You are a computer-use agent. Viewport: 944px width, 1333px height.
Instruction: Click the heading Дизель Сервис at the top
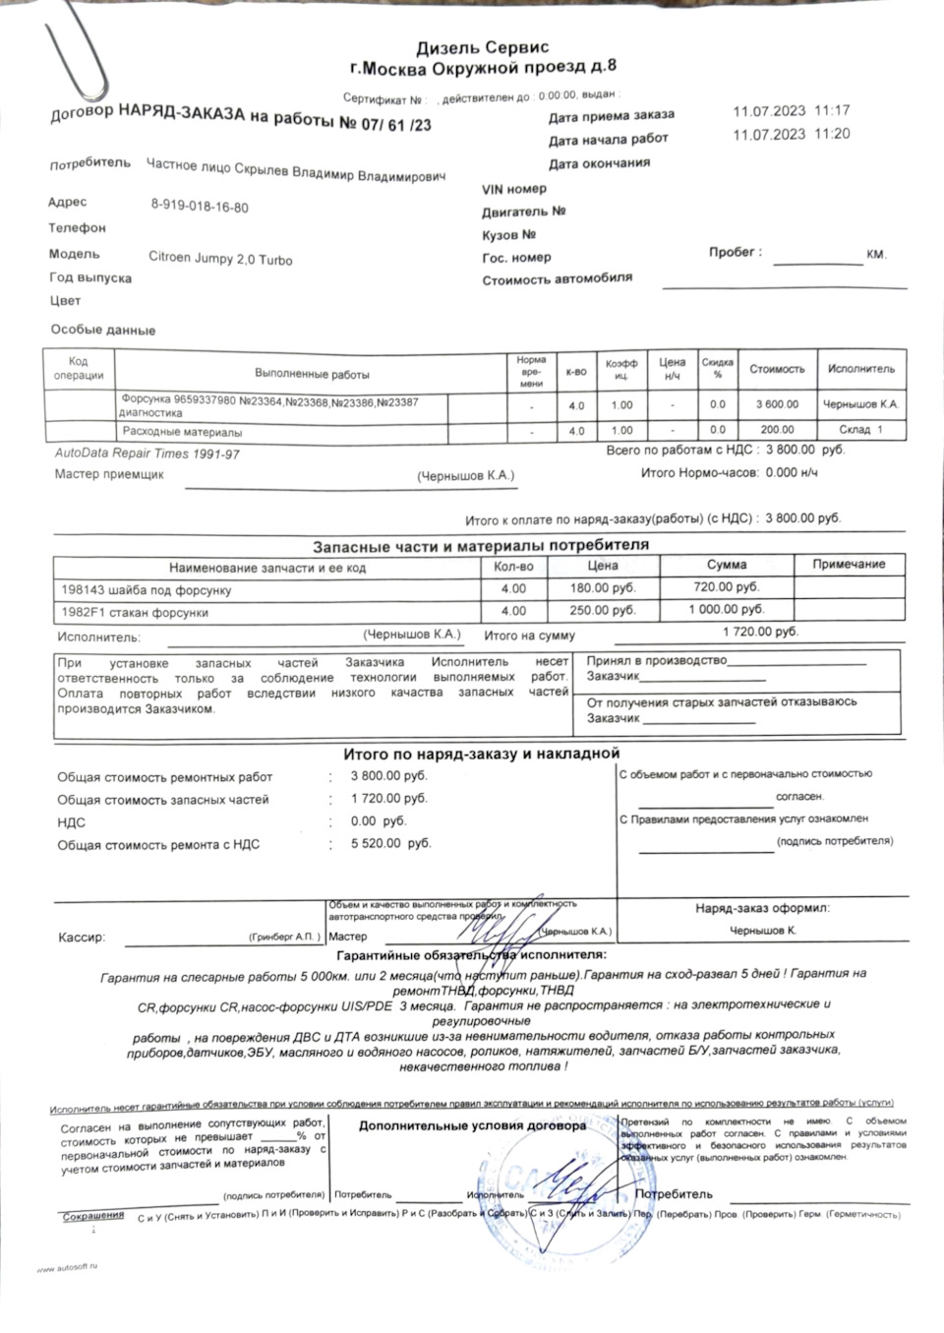482,47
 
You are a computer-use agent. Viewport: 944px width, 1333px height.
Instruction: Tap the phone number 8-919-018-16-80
199,208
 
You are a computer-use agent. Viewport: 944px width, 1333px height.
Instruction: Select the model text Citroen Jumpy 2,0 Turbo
220,259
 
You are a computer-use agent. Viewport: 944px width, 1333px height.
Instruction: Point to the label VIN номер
513,189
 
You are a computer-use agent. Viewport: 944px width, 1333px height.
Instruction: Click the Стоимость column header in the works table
777,370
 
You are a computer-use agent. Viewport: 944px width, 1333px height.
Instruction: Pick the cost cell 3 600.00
777,404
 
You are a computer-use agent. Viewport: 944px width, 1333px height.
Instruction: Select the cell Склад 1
861,430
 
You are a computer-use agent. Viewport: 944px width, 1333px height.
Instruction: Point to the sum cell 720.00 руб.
727,587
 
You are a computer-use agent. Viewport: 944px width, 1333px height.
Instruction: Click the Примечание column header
849,565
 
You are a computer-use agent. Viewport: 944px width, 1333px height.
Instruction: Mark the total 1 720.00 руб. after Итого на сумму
760,633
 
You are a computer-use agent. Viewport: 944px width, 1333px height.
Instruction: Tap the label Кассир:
82,938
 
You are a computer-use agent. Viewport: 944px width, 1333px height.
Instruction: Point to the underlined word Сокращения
93,1216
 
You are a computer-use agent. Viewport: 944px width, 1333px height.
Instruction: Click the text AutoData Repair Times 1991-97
147,454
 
